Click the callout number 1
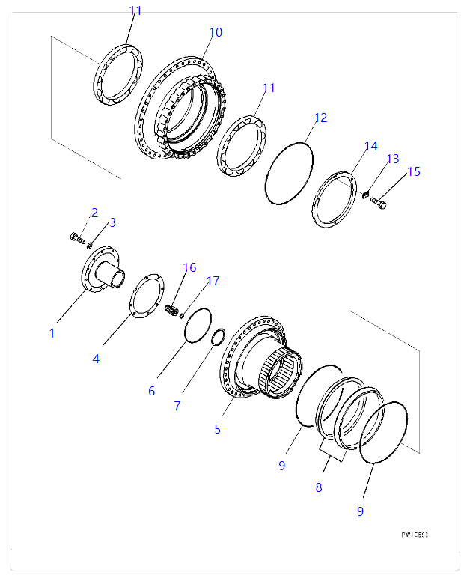point(52,333)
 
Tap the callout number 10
point(216,32)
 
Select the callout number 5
point(217,429)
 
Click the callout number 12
point(320,118)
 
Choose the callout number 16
point(189,267)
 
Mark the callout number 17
point(213,281)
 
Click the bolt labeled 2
point(76,239)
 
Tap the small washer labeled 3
point(89,244)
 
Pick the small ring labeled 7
point(219,337)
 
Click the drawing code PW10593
point(414,535)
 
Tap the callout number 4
point(96,359)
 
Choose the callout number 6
point(151,390)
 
